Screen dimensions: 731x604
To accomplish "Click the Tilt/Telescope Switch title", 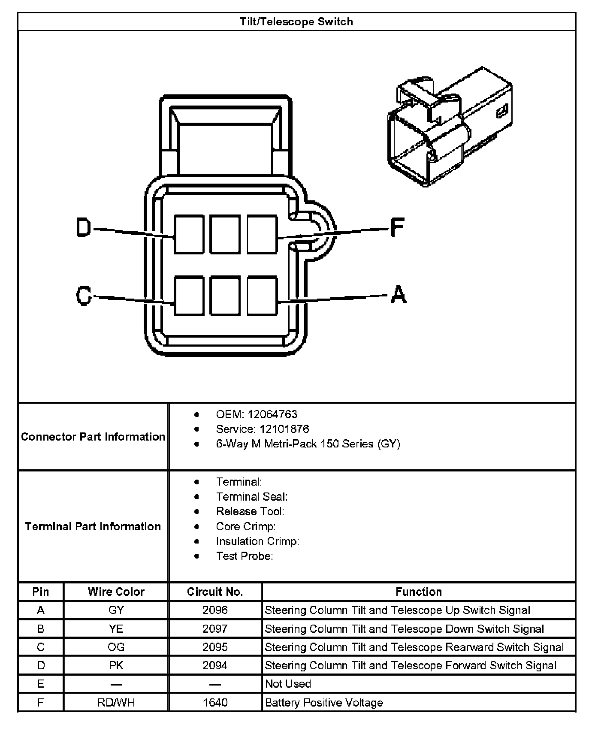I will [x=296, y=22].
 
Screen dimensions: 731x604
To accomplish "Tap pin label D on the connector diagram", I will [x=84, y=227].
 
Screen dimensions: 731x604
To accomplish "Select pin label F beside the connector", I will [x=397, y=227].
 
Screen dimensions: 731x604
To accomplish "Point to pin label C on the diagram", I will [x=84, y=295].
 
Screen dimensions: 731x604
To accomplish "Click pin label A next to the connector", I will [x=399, y=295].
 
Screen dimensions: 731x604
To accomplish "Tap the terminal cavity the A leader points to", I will [x=262, y=296].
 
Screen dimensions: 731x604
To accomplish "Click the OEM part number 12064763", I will [x=272, y=414].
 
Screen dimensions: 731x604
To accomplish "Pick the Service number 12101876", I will [x=284, y=429].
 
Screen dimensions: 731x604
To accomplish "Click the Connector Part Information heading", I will [x=93, y=437].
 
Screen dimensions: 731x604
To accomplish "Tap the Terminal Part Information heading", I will [x=93, y=526].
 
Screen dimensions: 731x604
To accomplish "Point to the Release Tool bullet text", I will [x=250, y=511].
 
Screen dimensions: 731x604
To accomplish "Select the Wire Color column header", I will [x=116, y=592].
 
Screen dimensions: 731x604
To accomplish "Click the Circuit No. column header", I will [x=215, y=592].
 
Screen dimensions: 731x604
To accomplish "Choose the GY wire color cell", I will [x=116, y=610].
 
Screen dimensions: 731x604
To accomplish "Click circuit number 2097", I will [x=215, y=629].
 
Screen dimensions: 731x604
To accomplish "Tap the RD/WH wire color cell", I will [x=116, y=703].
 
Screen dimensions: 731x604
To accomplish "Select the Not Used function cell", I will [x=288, y=684].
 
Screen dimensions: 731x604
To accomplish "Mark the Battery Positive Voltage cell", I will [x=324, y=703].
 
